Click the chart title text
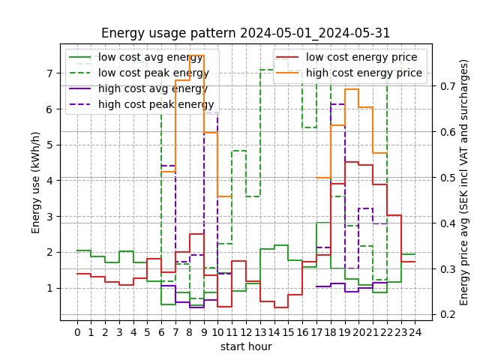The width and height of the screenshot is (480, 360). (245, 33)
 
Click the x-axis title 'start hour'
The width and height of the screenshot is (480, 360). (245, 346)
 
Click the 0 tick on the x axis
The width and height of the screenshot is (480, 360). (77, 331)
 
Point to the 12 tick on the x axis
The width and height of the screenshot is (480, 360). (247, 331)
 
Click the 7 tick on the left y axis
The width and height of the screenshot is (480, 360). (49, 73)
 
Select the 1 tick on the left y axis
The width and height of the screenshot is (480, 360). (49, 288)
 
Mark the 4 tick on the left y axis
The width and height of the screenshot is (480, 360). (49, 181)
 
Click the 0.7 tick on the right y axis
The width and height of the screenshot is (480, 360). (447, 86)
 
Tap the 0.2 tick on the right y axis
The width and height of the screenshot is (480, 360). (447, 314)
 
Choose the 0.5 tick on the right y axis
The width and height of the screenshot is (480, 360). (447, 178)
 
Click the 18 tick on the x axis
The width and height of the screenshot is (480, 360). (331, 331)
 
